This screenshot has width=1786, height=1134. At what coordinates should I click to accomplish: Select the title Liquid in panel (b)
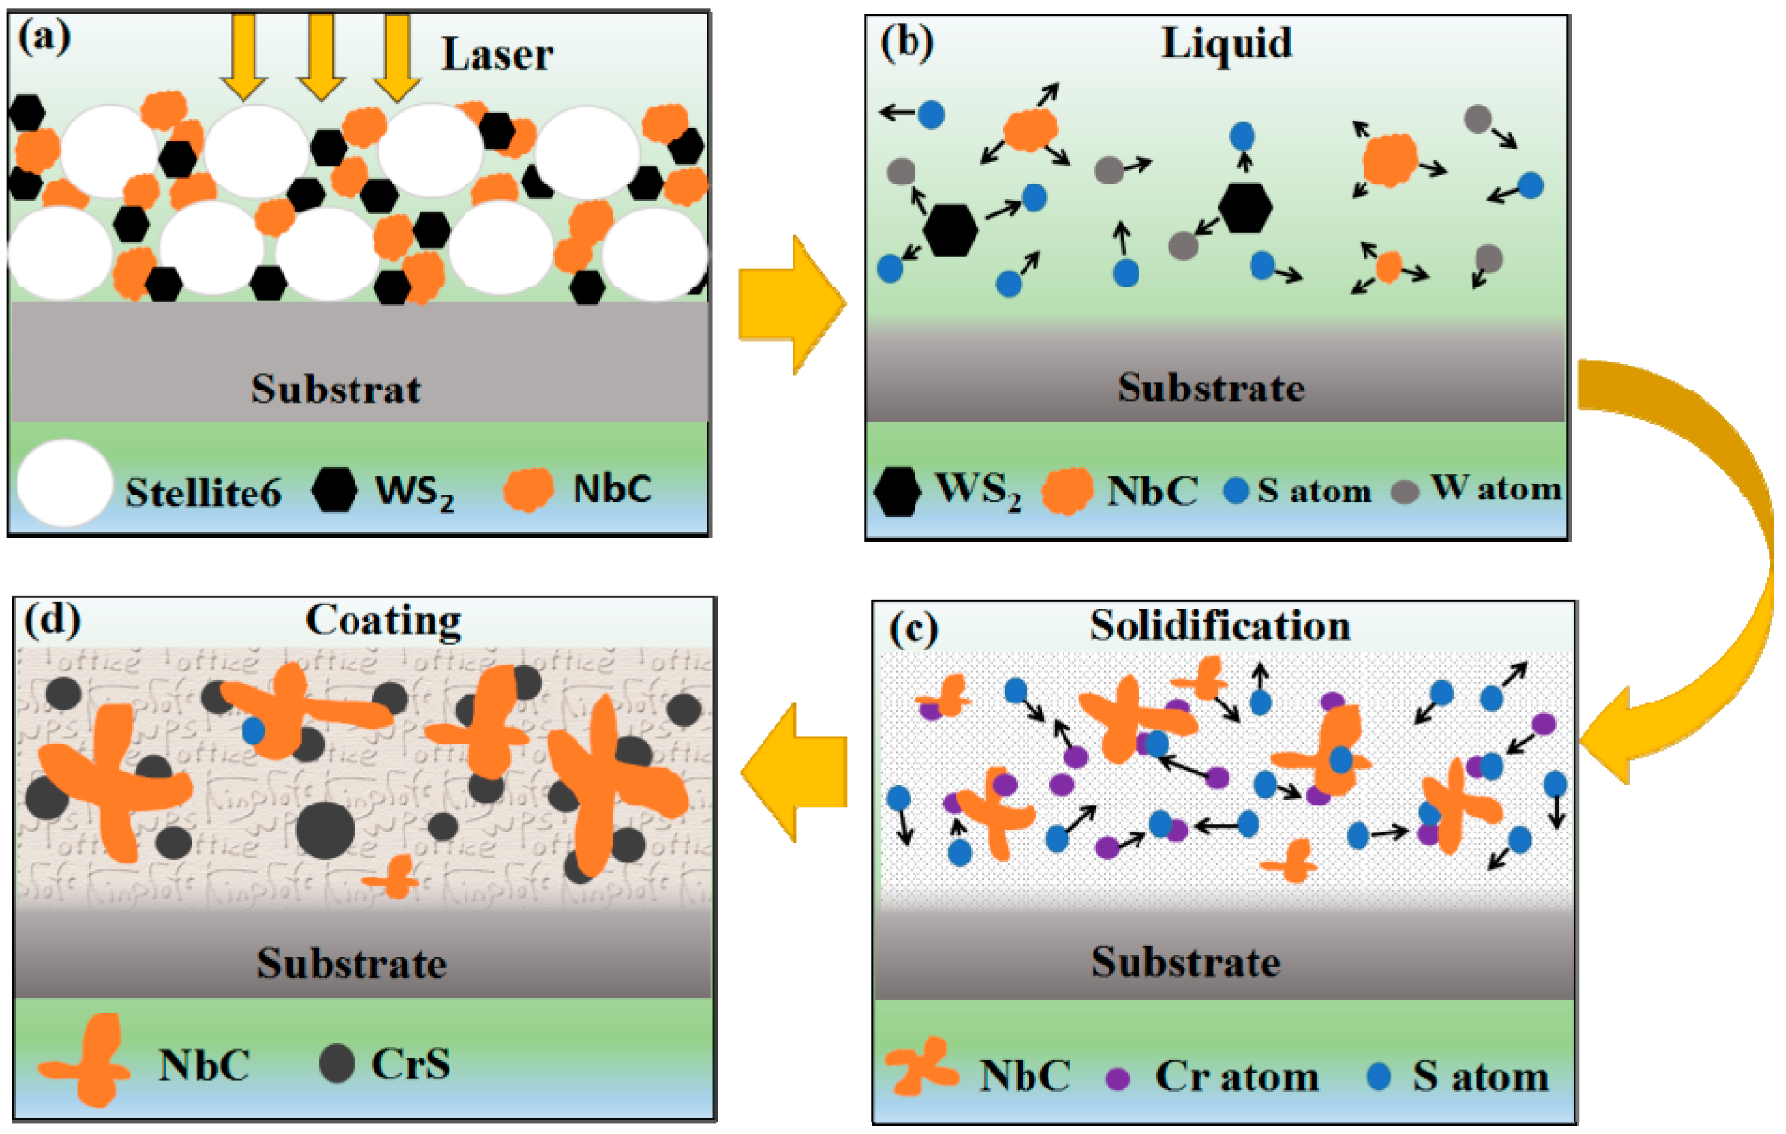pyautogui.click(x=1226, y=42)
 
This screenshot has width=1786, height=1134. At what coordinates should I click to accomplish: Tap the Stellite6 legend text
pyautogui.click(x=203, y=492)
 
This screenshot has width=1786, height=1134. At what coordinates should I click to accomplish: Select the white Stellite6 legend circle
pyautogui.click(x=65, y=483)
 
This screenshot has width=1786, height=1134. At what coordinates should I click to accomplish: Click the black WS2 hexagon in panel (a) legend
pyautogui.click(x=334, y=489)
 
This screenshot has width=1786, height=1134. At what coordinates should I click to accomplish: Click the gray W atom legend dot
pyautogui.click(x=1404, y=491)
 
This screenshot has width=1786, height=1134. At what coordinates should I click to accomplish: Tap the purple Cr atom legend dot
pyautogui.click(x=1118, y=1078)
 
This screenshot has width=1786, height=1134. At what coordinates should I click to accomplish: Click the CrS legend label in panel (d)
pyautogui.click(x=410, y=1063)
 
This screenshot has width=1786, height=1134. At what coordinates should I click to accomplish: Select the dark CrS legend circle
pyautogui.click(x=337, y=1063)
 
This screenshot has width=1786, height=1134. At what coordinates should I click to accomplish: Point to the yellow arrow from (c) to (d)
pyautogui.click(x=793, y=772)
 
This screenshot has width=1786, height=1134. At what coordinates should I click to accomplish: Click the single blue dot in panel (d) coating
pyautogui.click(x=253, y=730)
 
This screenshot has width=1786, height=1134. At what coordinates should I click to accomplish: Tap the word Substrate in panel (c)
pyautogui.click(x=1185, y=962)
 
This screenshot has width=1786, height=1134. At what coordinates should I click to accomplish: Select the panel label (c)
pyautogui.click(x=913, y=629)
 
